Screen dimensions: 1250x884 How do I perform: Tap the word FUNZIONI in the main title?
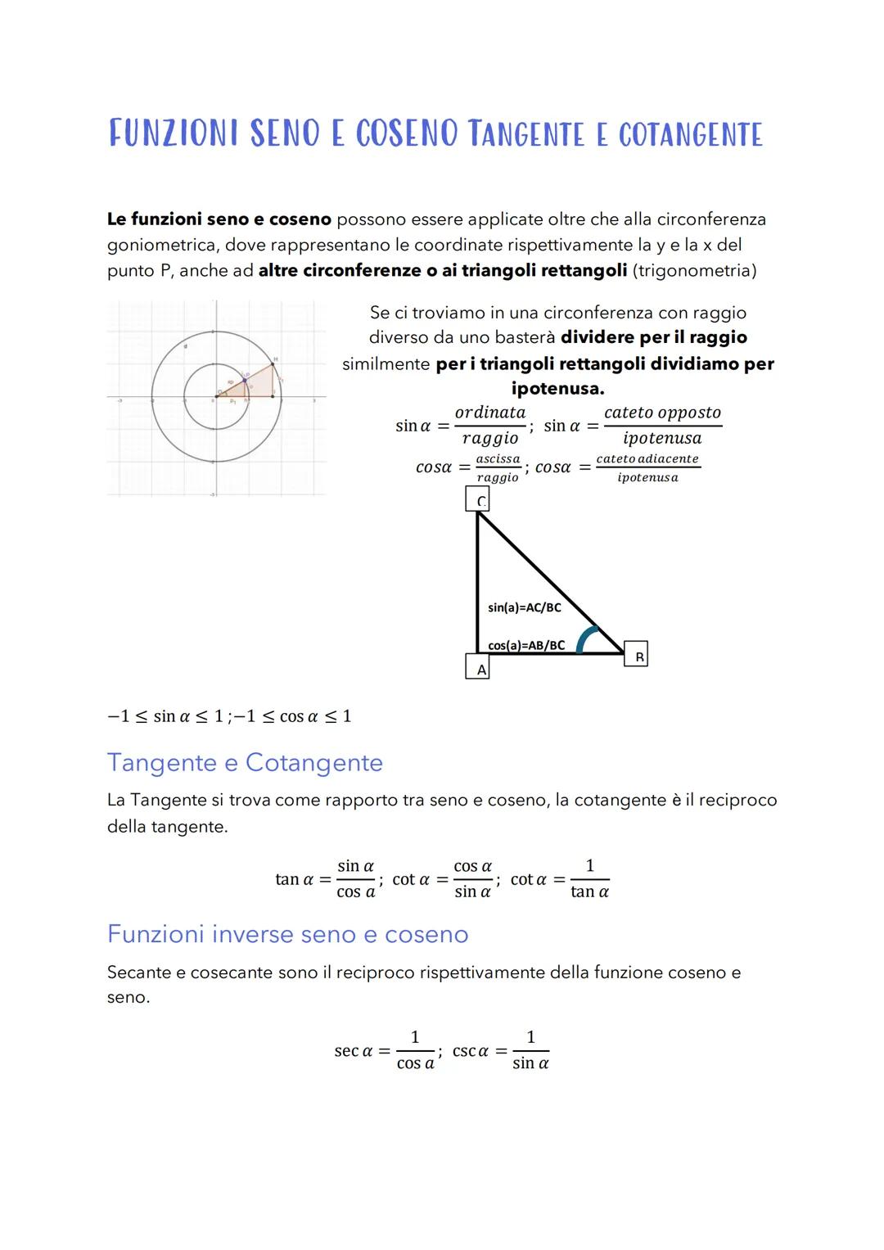(174, 133)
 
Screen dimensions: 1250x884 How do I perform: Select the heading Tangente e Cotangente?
(245, 762)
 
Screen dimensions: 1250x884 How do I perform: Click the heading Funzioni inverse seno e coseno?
(287, 934)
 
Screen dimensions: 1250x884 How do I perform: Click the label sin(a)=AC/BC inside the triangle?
(524, 607)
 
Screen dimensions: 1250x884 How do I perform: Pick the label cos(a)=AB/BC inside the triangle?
(525, 645)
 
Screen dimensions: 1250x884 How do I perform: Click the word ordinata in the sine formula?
(489, 413)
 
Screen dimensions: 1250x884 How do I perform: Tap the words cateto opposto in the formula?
(662, 413)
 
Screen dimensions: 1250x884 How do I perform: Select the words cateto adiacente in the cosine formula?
(647, 459)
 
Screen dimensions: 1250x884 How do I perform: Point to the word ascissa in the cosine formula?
(498, 459)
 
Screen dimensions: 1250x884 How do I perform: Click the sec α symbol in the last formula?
(353, 1050)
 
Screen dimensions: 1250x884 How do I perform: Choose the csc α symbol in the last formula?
(470, 1050)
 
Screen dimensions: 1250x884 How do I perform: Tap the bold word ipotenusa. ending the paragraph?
(557, 388)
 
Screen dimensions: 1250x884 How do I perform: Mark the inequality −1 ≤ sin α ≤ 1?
(165, 716)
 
